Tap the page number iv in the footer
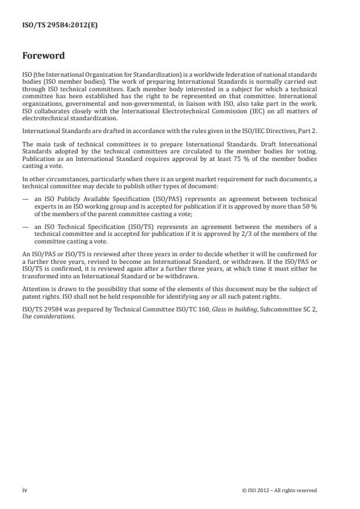tap(25, 490)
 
